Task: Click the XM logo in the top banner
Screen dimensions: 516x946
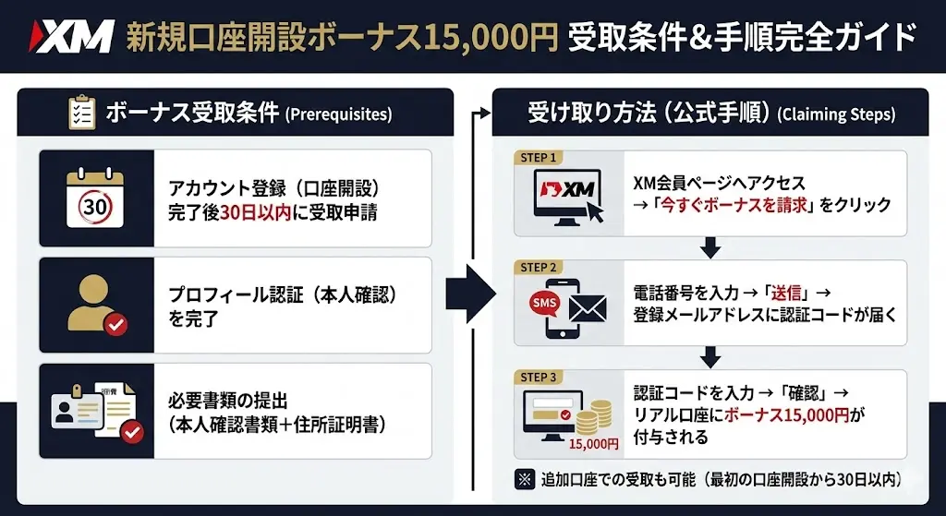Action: pyautogui.click(x=71, y=36)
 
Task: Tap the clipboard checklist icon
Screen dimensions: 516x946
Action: pyautogui.click(x=82, y=113)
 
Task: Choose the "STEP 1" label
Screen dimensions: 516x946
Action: pyautogui.click(x=539, y=158)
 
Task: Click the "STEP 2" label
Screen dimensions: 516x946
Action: pyautogui.click(x=539, y=268)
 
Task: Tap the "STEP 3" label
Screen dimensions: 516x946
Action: pyautogui.click(x=539, y=377)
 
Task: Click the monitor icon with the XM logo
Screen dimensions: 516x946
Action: pyautogui.click(x=564, y=197)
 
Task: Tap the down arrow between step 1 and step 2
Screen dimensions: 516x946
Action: pyautogui.click(x=709, y=246)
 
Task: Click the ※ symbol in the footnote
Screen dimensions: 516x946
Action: pyautogui.click(x=523, y=479)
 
